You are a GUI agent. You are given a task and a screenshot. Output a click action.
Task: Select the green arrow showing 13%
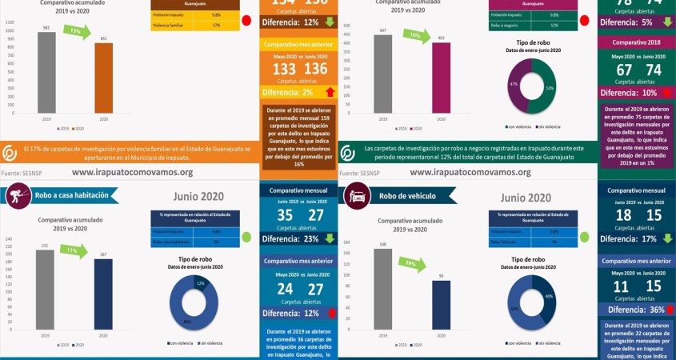(75, 32)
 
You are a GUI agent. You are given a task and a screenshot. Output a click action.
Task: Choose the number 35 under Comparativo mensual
(285, 215)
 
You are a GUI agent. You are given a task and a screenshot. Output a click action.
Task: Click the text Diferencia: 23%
(290, 238)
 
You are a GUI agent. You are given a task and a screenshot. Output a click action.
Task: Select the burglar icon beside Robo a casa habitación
(18, 194)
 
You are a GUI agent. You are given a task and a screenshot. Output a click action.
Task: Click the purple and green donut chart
(531, 87)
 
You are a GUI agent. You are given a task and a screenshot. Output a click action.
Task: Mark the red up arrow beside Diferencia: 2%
(330, 92)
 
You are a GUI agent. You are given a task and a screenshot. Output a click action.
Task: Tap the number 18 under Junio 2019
(624, 215)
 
